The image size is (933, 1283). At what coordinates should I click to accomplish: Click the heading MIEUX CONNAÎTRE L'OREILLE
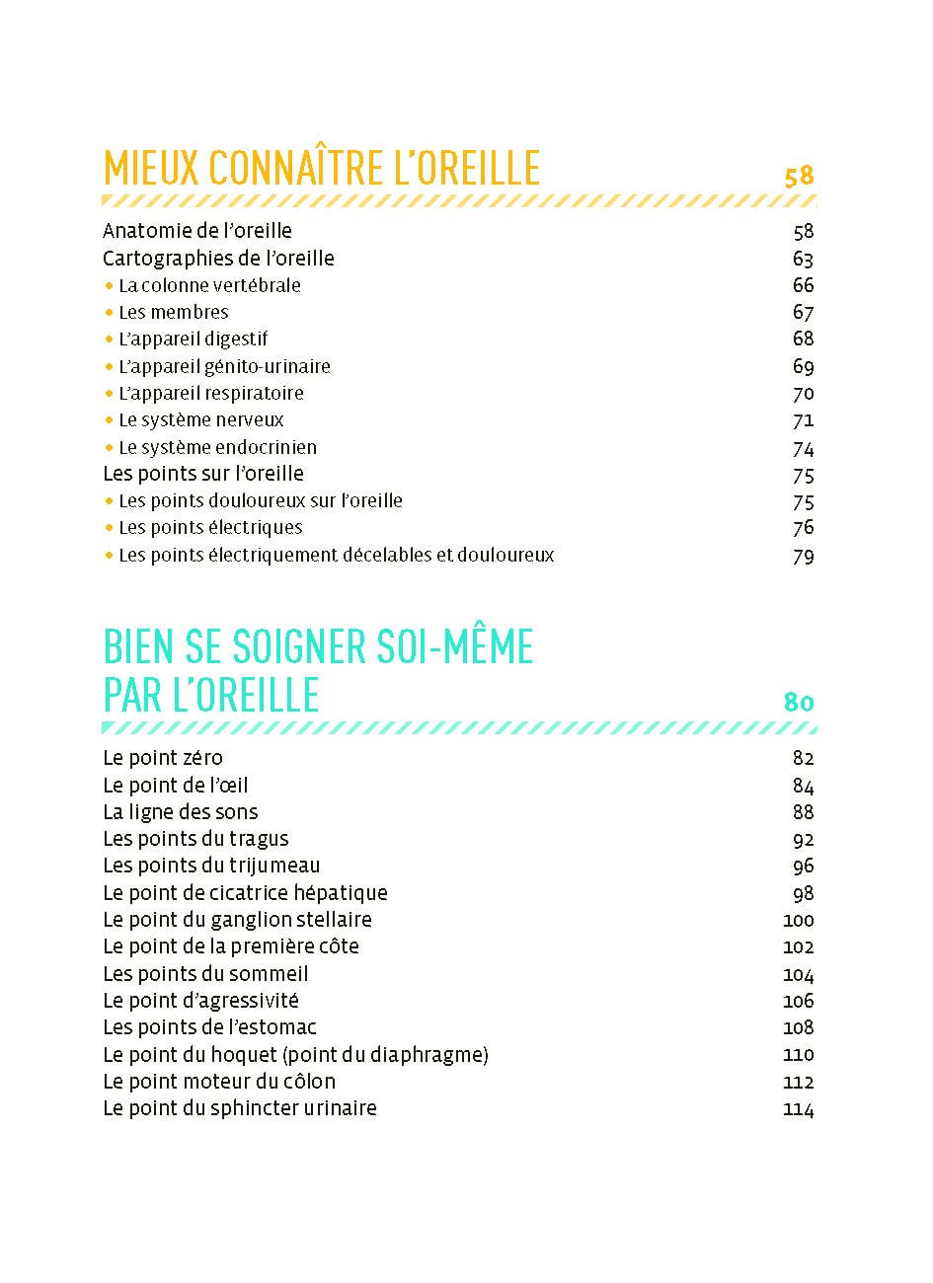tap(321, 169)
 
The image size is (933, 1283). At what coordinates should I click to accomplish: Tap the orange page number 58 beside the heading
tap(799, 177)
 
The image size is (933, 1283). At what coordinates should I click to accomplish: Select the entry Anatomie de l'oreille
tap(197, 231)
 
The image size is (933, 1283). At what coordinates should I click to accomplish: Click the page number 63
tap(803, 259)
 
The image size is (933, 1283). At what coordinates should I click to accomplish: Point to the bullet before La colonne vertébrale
tap(109, 286)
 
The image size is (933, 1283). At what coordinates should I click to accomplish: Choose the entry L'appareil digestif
tap(193, 339)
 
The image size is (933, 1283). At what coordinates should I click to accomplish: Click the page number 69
tap(803, 366)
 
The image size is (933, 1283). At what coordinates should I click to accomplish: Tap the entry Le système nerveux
tap(200, 419)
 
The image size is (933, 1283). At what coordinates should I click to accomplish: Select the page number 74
tap(803, 447)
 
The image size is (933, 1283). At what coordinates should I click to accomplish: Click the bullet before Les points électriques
tap(109, 528)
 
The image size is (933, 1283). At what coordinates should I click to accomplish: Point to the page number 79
tap(803, 556)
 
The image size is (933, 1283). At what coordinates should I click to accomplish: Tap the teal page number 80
tap(799, 702)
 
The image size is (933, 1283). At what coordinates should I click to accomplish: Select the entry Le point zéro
tap(163, 758)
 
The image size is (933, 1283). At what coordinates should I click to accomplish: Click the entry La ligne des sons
tap(181, 812)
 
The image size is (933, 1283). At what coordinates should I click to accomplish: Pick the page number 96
tap(803, 866)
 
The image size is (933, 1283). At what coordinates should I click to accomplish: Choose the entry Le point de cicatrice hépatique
tap(245, 893)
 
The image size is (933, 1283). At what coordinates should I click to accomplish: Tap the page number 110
tap(798, 1055)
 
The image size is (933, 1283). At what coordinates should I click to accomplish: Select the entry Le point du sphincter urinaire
tap(240, 1108)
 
